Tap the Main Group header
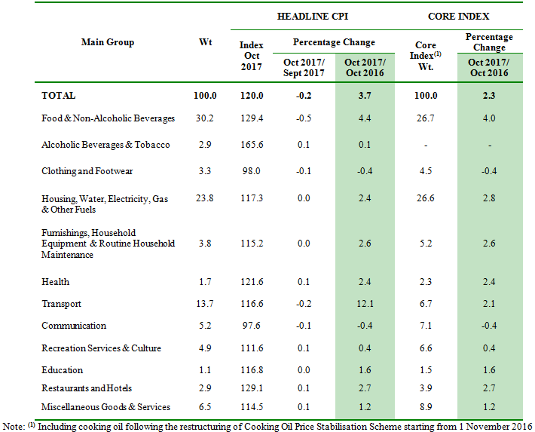(108, 42)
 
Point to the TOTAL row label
(59, 96)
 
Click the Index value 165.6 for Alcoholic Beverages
(252, 145)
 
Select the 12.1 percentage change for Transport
(365, 304)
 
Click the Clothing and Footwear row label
(87, 171)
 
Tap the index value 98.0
(252, 171)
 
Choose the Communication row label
(74, 326)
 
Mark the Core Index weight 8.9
(426, 407)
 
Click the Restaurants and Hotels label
(87, 388)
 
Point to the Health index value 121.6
(252, 282)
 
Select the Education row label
(63, 370)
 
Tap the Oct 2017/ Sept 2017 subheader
(304, 67)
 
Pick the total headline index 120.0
(252, 96)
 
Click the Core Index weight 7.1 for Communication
(426, 326)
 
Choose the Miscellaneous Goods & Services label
(106, 407)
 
